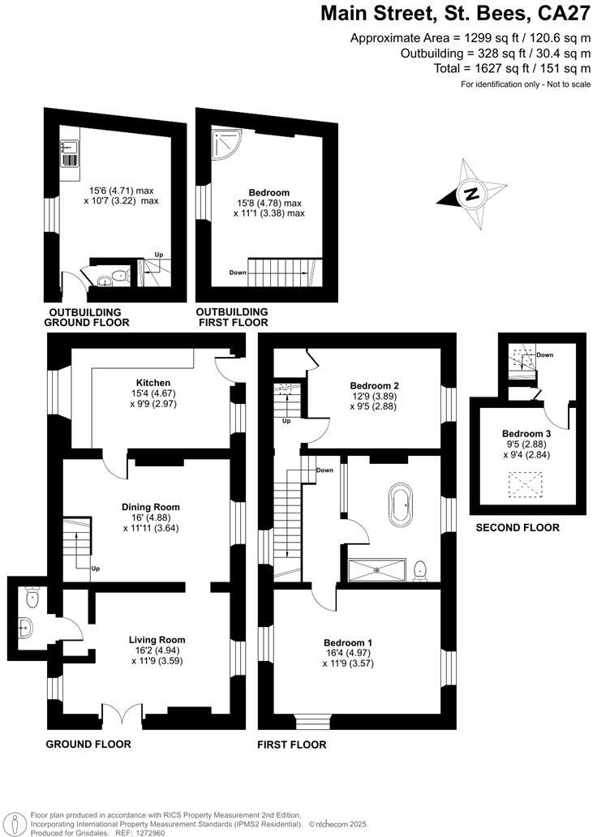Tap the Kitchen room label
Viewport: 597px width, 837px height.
(x=152, y=382)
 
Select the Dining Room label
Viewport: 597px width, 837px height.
(x=152, y=507)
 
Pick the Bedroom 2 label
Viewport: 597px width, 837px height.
(x=375, y=385)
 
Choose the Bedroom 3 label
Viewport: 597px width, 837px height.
(x=526, y=434)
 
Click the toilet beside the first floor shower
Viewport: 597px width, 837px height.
(x=420, y=570)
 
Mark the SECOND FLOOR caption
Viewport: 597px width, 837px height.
(x=518, y=528)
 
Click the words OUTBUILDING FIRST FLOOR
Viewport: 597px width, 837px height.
(x=232, y=317)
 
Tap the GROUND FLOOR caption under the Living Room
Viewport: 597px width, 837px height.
(x=88, y=744)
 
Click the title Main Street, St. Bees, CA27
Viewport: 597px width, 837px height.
(x=455, y=14)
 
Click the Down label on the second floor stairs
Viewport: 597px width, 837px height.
(x=545, y=355)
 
